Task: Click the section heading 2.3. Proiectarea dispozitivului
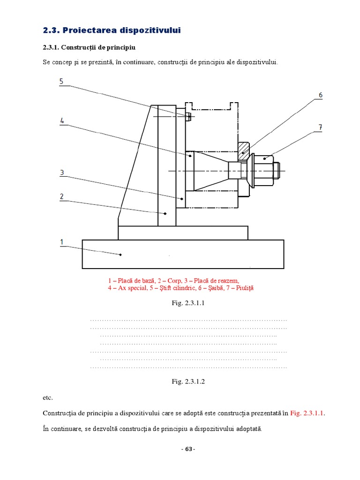click(x=111, y=30)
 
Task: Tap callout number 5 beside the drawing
click(x=61, y=82)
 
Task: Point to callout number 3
click(x=61, y=172)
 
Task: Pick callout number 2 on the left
click(x=61, y=196)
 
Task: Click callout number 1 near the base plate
click(x=61, y=242)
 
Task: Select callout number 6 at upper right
click(x=320, y=95)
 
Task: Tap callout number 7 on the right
click(x=320, y=127)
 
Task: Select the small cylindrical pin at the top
click(x=188, y=116)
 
